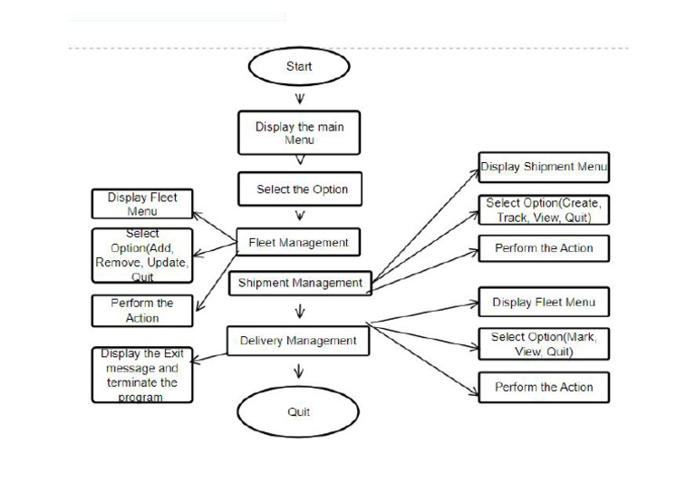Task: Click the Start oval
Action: [298, 67]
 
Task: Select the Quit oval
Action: [298, 411]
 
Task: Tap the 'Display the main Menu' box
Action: [299, 134]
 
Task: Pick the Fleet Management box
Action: [298, 243]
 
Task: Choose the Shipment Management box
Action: [300, 283]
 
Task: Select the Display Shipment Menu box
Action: [544, 167]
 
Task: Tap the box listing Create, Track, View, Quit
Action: [544, 210]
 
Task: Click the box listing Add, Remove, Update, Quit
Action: [142, 256]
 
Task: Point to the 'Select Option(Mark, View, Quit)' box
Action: [544, 343]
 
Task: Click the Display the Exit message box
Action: [142, 375]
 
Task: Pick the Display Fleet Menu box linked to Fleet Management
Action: [142, 203]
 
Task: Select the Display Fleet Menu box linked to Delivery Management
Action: [544, 303]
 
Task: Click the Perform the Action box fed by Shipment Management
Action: [544, 248]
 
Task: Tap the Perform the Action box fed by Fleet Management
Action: [142, 310]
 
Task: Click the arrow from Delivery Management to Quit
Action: [299, 371]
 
